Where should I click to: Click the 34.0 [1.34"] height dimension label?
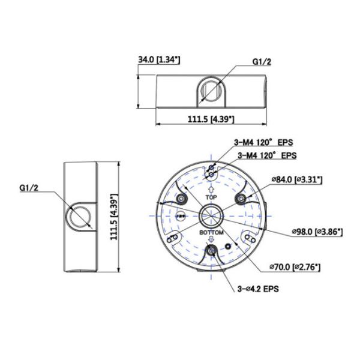pyautogui.click(x=160, y=59)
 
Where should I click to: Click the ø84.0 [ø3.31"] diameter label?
pyautogui.click(x=297, y=179)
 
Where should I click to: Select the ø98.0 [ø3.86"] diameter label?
pyautogui.click(x=316, y=230)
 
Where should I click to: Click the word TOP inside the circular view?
pyautogui.click(x=211, y=196)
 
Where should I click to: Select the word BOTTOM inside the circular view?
pyautogui.click(x=211, y=232)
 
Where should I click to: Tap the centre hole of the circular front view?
pyautogui.click(x=211, y=213)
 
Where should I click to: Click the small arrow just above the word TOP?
pyautogui.click(x=211, y=188)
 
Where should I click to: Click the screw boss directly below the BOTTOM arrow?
pyautogui.click(x=211, y=251)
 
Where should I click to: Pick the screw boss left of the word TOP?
pyautogui.click(x=180, y=199)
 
